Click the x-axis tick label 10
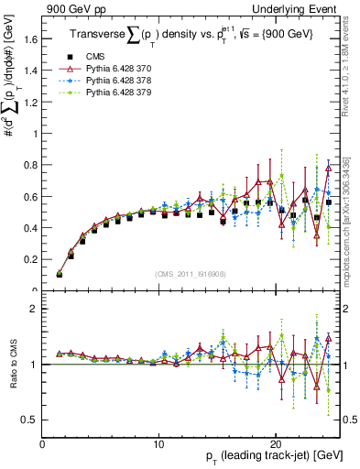(159, 443)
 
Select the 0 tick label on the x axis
(43, 443)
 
